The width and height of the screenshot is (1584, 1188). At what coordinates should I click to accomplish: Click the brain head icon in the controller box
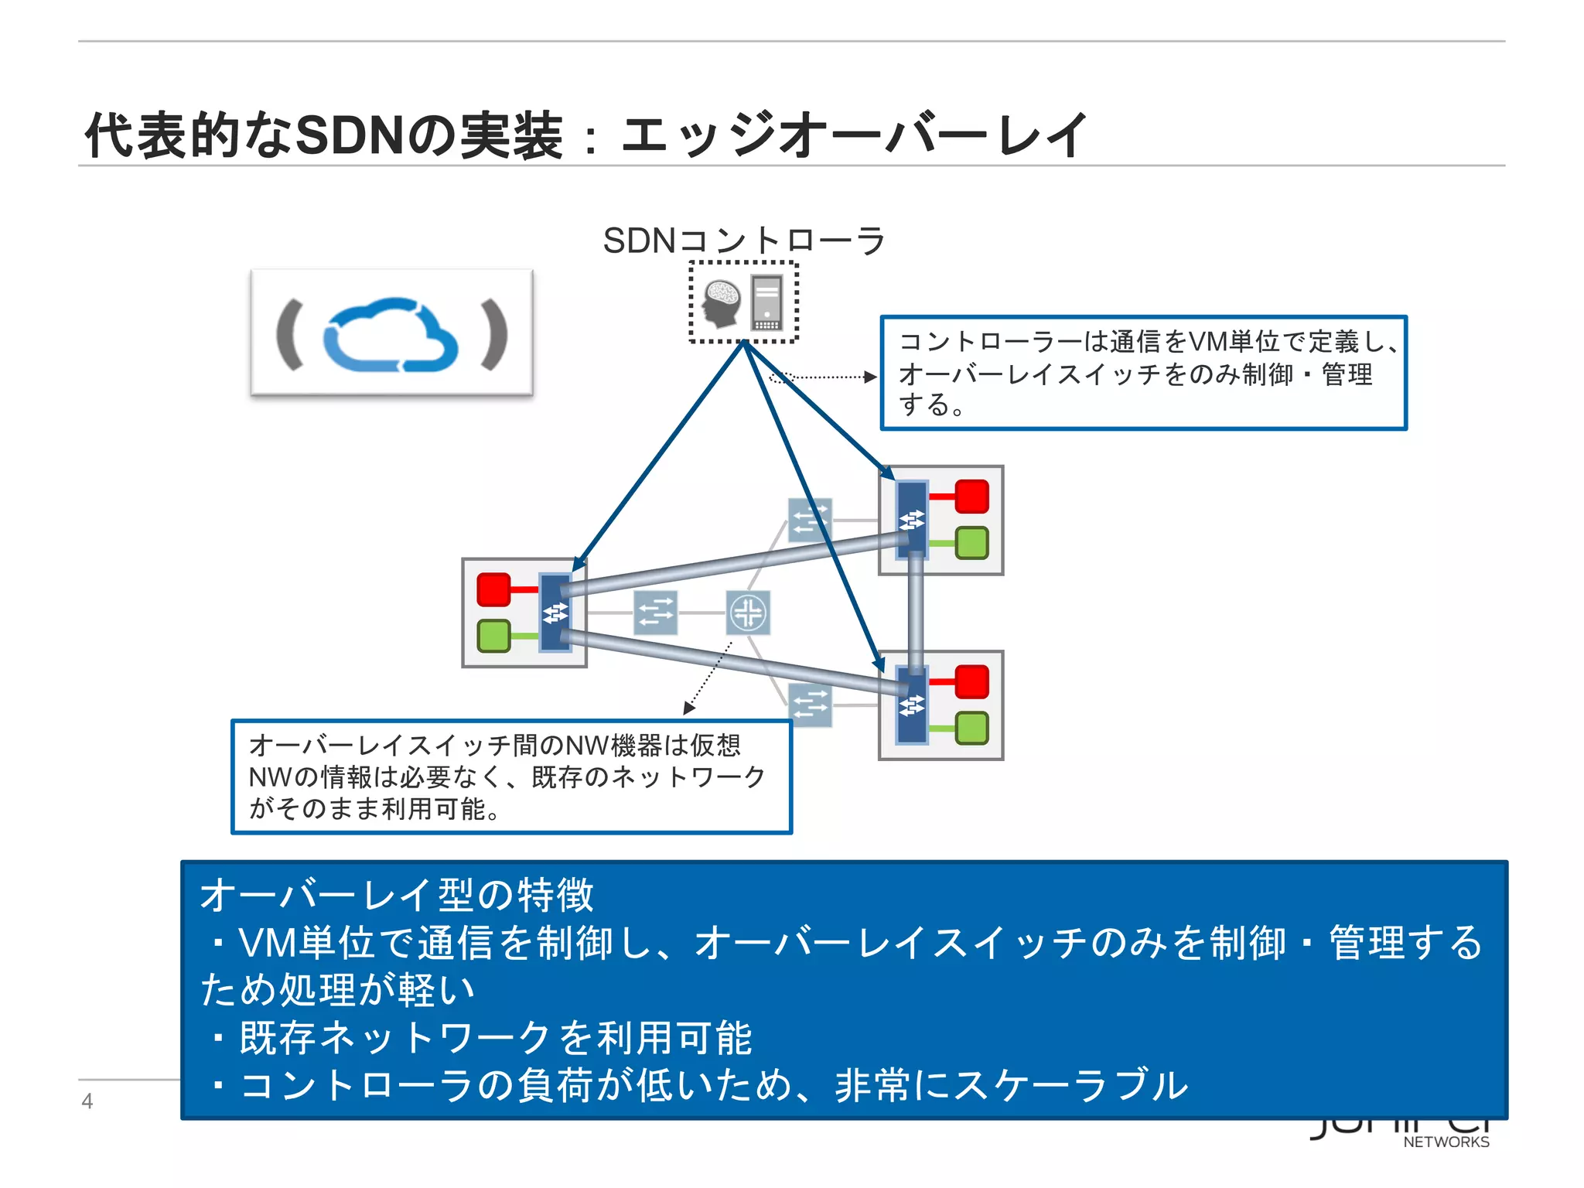721,302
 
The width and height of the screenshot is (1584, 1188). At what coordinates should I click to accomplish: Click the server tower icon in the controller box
766,302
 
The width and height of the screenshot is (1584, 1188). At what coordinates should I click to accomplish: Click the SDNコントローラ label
743,241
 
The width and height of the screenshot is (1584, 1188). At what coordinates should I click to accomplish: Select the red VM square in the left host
493,589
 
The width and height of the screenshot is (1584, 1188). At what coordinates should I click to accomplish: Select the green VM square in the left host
493,636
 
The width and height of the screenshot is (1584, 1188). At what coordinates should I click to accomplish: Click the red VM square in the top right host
971,497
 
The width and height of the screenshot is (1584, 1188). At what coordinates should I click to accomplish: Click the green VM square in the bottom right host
971,729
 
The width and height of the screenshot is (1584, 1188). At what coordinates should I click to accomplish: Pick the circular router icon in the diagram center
748,613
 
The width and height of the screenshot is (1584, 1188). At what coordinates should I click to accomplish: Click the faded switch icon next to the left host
655,613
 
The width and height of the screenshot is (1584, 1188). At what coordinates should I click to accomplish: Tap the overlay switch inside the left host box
555,613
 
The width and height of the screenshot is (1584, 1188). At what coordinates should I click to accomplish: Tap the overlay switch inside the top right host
912,518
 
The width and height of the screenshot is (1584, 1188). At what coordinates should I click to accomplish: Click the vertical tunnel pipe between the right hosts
916,611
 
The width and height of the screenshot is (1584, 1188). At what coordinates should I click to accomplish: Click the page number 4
87,1101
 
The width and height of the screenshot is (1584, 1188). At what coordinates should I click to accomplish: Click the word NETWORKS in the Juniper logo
1446,1142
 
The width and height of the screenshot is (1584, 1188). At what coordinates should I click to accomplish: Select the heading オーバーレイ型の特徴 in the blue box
397,895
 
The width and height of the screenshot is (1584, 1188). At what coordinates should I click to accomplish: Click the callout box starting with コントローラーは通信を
1143,373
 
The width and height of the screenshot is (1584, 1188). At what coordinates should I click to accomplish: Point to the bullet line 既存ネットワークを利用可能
495,1037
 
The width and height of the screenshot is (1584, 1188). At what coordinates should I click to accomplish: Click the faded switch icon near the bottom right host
810,705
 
